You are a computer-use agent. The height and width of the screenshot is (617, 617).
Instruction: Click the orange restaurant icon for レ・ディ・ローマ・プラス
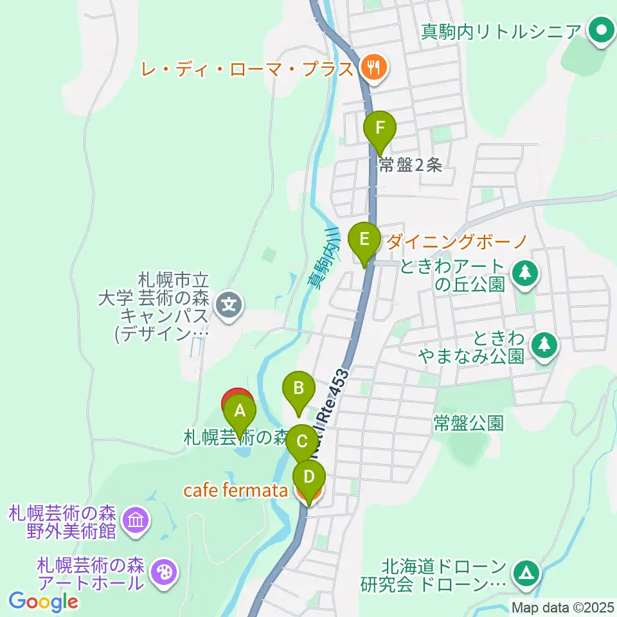pyautogui.click(x=372, y=67)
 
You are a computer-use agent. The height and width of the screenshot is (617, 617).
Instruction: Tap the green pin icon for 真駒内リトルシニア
pyautogui.click(x=602, y=31)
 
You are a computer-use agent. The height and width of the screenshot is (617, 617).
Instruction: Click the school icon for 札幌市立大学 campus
pyautogui.click(x=228, y=302)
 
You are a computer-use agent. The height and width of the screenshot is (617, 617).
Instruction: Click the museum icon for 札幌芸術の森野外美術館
pyautogui.click(x=136, y=519)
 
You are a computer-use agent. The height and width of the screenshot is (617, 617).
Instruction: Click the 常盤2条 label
pyautogui.click(x=410, y=165)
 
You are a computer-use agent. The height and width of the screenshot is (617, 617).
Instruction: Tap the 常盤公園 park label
pyautogui.click(x=467, y=423)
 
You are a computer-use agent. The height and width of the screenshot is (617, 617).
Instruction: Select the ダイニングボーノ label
pyautogui.click(x=458, y=242)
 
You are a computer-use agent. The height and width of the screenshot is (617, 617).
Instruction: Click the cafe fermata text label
pyautogui.click(x=235, y=490)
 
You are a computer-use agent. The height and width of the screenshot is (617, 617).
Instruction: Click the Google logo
pyautogui.click(x=44, y=602)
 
